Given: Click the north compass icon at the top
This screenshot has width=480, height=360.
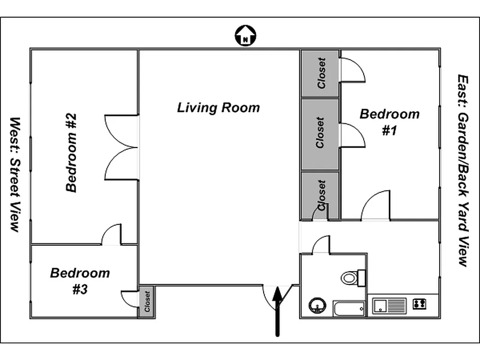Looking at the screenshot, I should click(245, 36).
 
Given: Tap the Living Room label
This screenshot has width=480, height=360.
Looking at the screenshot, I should click(218, 108).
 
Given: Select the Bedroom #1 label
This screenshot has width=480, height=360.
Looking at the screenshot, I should click(389, 122).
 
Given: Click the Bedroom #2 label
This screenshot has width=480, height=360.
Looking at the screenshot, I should click(72, 153).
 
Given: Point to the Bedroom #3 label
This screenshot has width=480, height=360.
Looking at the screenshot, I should click(80, 281).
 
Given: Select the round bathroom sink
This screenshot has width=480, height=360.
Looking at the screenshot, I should click(318, 306).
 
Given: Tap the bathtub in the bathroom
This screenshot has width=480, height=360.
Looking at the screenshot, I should click(349, 309).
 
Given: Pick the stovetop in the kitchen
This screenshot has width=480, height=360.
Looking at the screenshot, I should click(419, 304).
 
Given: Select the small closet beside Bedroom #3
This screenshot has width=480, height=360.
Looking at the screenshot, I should click(147, 301).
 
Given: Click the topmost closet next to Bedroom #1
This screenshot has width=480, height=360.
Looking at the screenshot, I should click(320, 73).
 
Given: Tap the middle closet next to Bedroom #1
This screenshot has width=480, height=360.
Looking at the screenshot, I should click(320, 134).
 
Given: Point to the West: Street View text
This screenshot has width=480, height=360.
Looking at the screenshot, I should click(15, 175).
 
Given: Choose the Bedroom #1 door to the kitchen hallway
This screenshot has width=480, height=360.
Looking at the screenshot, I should click(376, 206).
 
